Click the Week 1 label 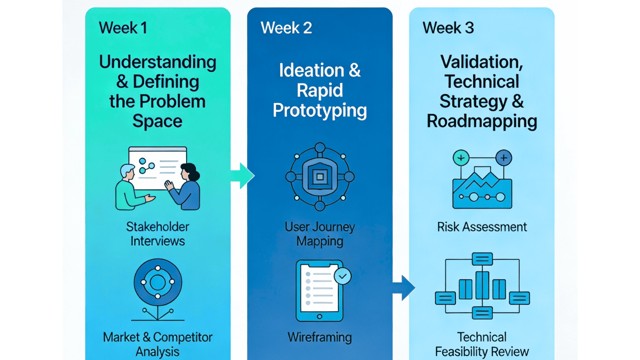tap(123, 28)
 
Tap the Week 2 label tap(286, 28)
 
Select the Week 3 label tap(448, 28)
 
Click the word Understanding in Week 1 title tap(157, 62)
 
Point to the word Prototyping tap(320, 111)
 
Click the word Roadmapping tap(482, 121)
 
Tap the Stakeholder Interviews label tap(157, 234)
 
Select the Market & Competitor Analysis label tap(157, 344)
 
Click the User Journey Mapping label tap(320, 234)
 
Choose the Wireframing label tap(320, 337)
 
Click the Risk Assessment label tap(482, 227)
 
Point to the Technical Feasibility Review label tap(482, 344)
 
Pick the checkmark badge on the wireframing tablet tap(343, 277)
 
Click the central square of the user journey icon tap(320, 176)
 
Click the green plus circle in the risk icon tap(461, 158)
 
